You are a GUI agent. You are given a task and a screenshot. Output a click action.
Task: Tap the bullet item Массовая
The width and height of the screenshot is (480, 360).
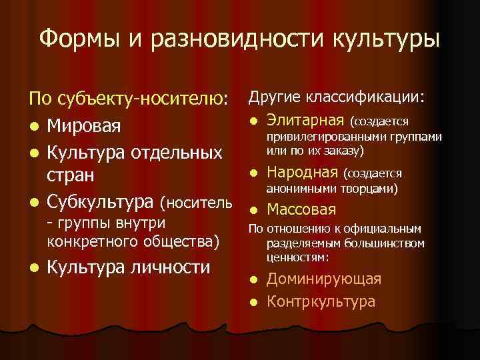[x=301, y=209]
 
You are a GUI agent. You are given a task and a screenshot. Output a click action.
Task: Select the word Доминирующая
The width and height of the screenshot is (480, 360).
[x=324, y=279]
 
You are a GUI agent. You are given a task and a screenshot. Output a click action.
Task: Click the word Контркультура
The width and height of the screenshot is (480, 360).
[x=321, y=301]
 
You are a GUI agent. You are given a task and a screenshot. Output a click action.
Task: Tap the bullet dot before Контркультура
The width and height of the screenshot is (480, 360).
[x=253, y=302]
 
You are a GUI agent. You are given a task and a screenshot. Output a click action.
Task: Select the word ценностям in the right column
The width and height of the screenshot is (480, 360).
[x=295, y=256]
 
